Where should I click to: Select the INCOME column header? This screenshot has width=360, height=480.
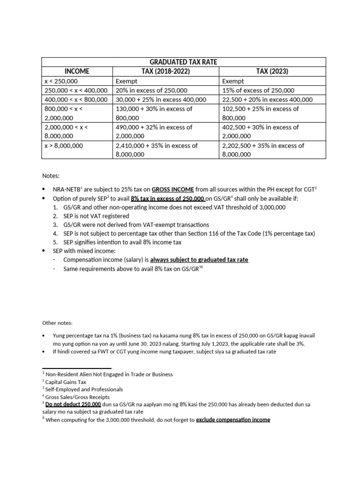[77, 71]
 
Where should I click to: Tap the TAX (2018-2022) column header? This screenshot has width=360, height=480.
[166, 71]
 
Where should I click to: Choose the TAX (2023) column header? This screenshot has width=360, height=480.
[272, 71]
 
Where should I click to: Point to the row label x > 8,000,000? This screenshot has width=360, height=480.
[64, 145]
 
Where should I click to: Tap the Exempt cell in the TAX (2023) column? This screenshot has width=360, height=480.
[233, 81]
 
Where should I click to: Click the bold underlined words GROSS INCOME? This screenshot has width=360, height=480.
[172, 189]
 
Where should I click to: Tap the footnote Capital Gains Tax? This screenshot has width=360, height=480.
[66, 382]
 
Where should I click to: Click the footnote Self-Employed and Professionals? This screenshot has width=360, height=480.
[82, 390]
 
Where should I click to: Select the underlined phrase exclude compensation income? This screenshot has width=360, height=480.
[233, 420]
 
